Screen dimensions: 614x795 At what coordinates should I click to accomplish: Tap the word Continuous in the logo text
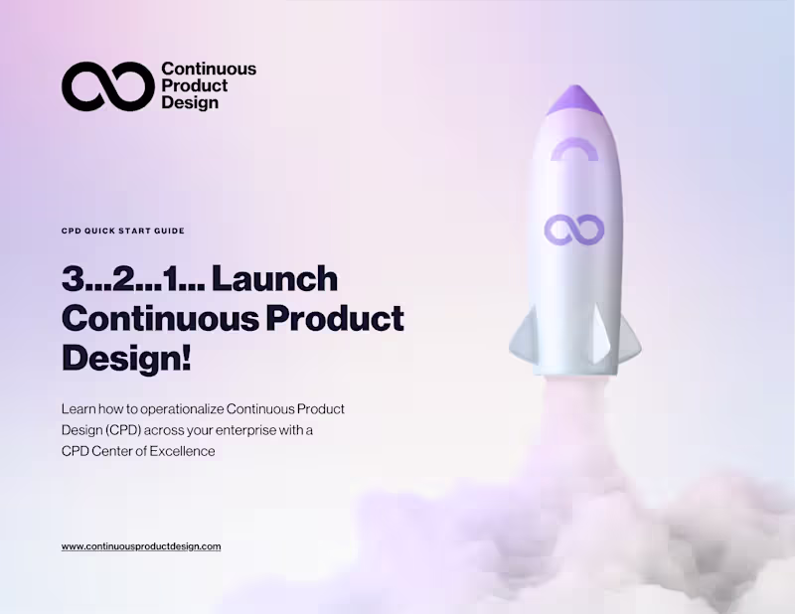point(209,70)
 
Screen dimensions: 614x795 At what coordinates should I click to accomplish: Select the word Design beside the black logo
point(190,102)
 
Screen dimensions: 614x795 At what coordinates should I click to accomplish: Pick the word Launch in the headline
point(275,280)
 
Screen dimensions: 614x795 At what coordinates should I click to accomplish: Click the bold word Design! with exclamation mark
point(126,357)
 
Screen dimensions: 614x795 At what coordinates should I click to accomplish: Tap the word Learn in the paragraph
point(80,408)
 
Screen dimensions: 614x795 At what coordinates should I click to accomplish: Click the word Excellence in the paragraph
point(183,451)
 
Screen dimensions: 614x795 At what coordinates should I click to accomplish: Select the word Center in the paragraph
point(121,451)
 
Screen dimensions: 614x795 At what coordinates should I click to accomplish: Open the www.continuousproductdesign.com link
point(141,546)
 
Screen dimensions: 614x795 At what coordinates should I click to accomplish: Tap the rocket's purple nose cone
point(573,97)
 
